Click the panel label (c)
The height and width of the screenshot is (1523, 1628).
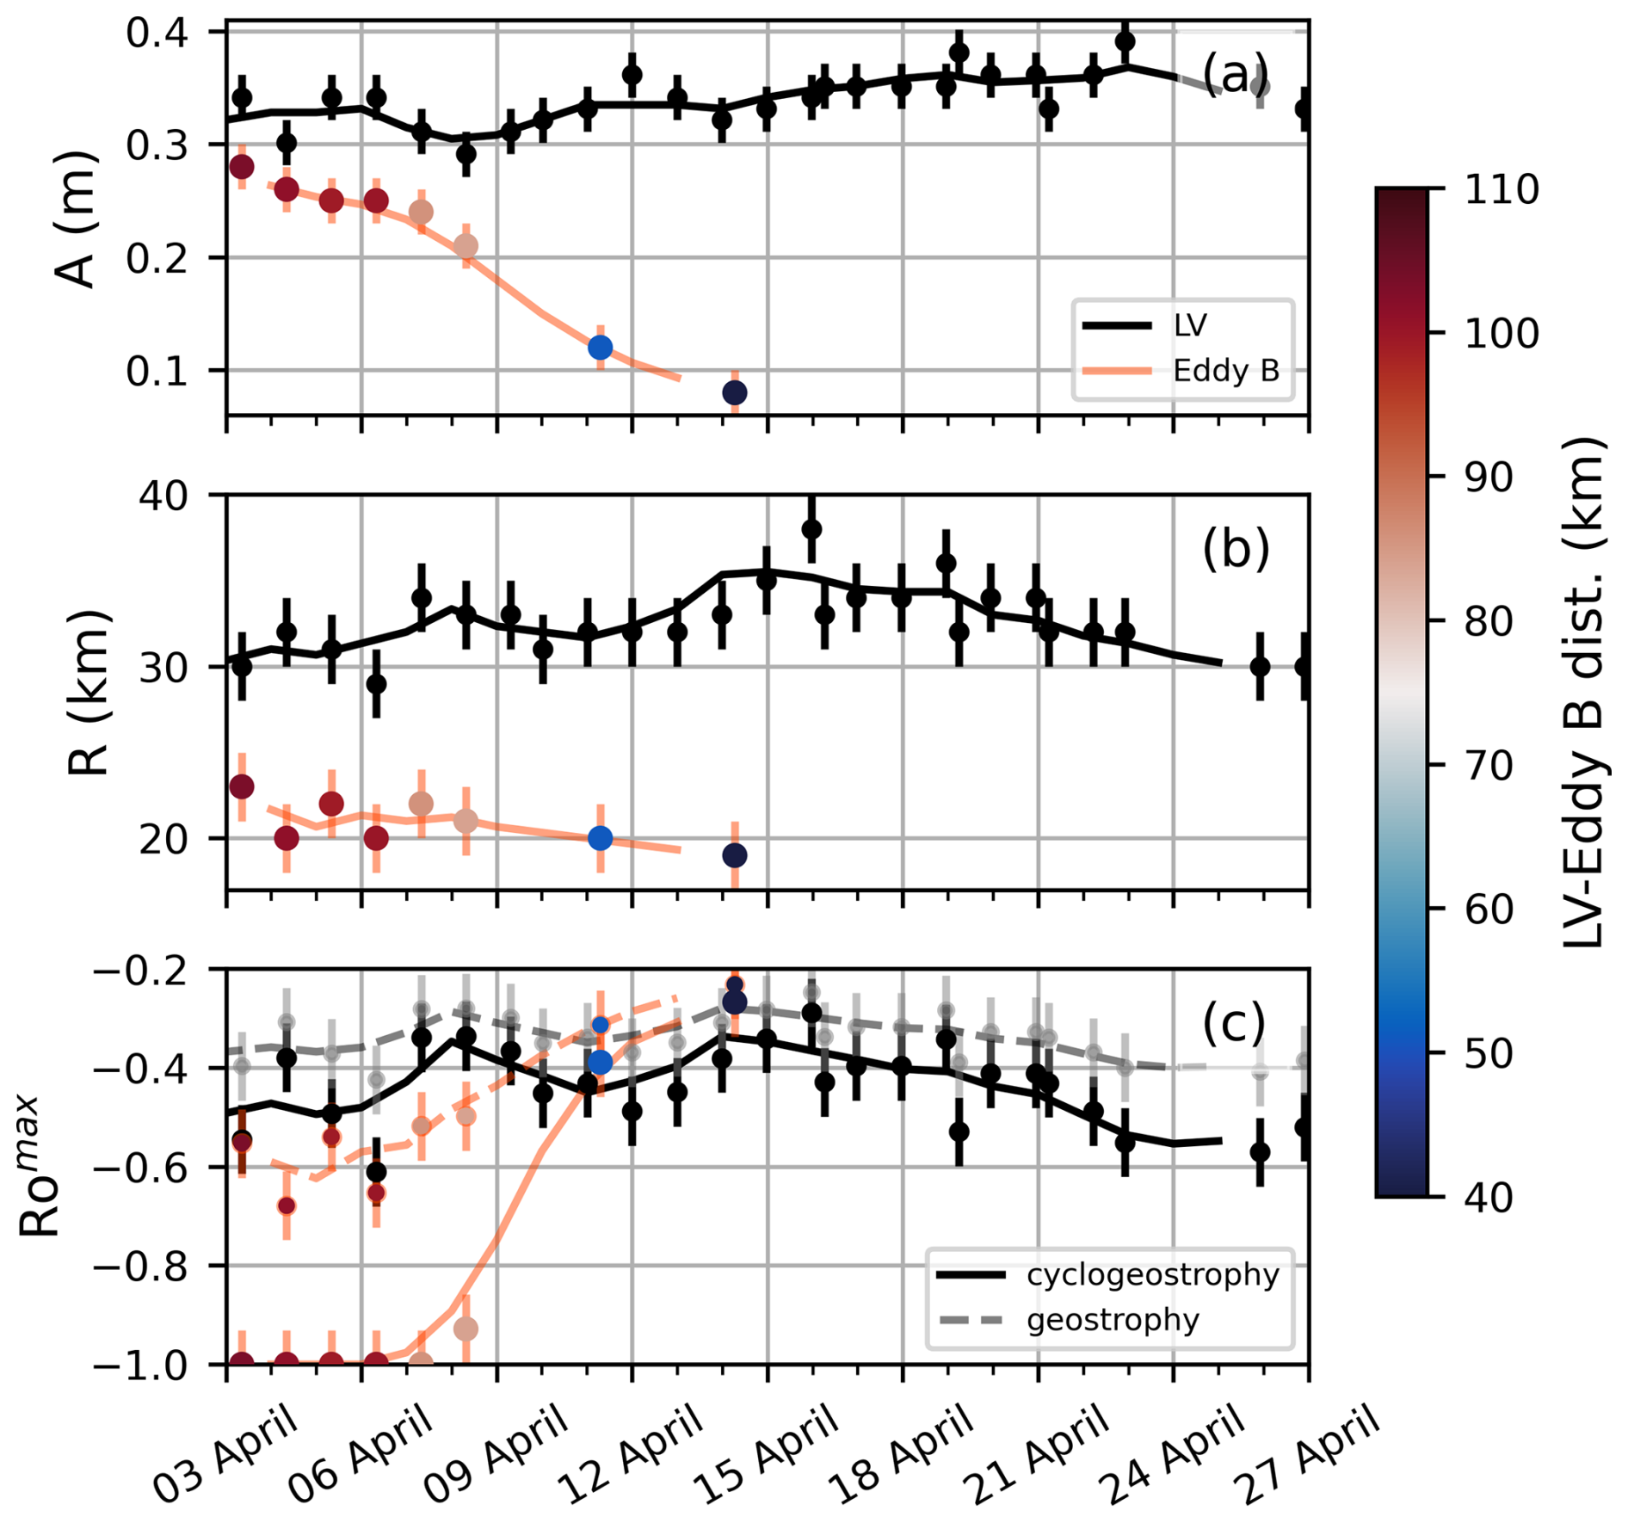[1233, 1023]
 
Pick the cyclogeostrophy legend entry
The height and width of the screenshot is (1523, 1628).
[1152, 1274]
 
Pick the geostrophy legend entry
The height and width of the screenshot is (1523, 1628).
[1113, 1320]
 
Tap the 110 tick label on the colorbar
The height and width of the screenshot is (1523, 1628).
[1501, 189]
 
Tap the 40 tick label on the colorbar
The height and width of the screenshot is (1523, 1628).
[1489, 1196]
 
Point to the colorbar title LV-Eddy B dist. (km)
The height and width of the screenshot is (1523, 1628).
[1583, 693]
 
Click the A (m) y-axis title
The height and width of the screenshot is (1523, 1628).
[76, 220]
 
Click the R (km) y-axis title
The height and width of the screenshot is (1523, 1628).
[89, 693]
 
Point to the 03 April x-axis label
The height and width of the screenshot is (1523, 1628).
[226, 1454]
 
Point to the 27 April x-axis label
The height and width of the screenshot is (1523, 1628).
[1308, 1454]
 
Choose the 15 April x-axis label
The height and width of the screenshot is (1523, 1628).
[768, 1454]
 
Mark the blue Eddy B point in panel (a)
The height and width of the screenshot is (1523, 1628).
[601, 348]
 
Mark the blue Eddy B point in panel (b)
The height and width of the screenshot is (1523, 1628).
[601, 838]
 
